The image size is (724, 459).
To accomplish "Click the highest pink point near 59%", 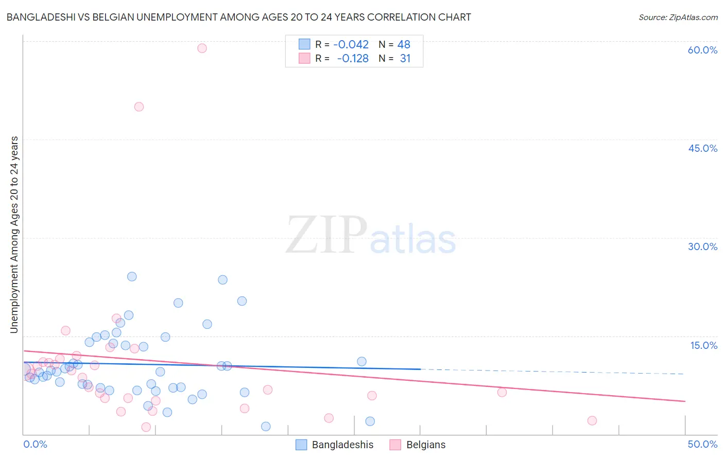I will point(202,48).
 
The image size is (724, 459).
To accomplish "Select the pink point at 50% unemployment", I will point(139,107).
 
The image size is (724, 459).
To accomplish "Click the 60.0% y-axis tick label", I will point(702,50).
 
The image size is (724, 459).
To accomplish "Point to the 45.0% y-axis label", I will point(702,148).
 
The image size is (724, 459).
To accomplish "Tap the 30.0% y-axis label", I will point(702,246).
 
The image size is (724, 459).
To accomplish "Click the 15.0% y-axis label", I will point(703,345).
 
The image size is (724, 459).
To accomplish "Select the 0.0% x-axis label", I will point(36,444).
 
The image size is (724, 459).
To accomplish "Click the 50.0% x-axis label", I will point(702,444).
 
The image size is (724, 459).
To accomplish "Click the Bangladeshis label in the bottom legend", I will point(342,445).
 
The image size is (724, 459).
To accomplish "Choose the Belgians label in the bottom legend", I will point(426,445).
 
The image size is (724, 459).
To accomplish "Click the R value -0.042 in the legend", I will point(351,45).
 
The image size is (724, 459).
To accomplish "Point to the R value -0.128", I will point(353,59).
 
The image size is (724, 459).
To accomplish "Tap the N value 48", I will point(404,45).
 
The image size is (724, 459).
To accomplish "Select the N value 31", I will point(405,59).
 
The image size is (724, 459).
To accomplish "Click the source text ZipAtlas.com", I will point(678,17).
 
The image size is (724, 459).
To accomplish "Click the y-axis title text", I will point(14,235).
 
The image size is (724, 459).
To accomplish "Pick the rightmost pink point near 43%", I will point(592,421).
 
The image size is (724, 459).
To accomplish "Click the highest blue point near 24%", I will point(132,277).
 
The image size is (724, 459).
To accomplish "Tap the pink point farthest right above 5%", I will point(502,393).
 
